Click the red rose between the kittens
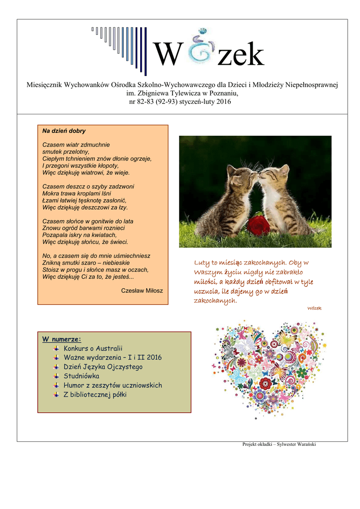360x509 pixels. click(259, 225)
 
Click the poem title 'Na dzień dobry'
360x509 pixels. click(64, 131)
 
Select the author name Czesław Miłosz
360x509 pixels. click(142, 290)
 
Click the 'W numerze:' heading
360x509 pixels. click(62, 339)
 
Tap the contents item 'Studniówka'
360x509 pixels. click(82, 376)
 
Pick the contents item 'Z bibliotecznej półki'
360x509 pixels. click(95, 395)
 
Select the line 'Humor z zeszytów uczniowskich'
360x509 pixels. click(113, 385)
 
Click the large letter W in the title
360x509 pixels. click(166, 55)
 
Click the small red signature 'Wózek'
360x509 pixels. click(314, 308)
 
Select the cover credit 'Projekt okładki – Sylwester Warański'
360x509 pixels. click(279, 444)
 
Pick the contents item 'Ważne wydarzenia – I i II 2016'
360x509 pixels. click(113, 357)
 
